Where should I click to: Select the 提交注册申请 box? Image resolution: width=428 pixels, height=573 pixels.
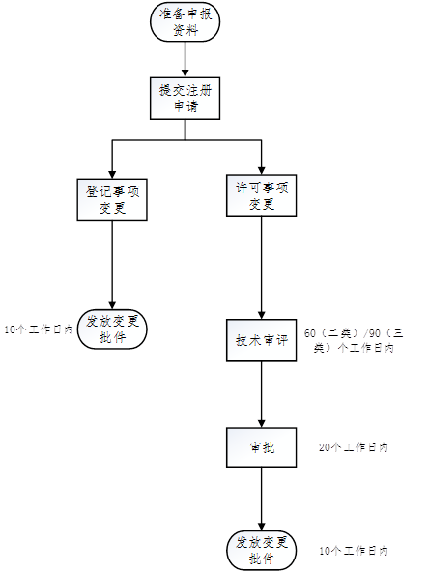pos(185,97)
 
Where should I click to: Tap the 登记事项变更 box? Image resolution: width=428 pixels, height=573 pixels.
pos(113,198)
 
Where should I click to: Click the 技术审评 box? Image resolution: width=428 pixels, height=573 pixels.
pos(262,339)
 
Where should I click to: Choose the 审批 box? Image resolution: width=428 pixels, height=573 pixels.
pos(261,446)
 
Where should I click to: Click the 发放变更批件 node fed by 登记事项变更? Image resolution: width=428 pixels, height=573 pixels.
pos(113,329)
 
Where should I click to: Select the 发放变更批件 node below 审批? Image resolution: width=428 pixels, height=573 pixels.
pos(261,549)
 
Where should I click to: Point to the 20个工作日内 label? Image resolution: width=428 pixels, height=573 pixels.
pos(354,448)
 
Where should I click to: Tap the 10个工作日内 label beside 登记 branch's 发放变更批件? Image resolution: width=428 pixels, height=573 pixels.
pos(39,329)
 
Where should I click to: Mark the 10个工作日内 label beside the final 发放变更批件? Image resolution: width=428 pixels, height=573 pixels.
pos(354,550)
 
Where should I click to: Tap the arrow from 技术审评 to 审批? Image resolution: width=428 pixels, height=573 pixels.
pos(261,394)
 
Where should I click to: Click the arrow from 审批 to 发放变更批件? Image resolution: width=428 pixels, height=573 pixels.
pos(261,499)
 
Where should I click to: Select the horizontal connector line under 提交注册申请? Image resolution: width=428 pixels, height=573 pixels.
pos(185,141)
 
